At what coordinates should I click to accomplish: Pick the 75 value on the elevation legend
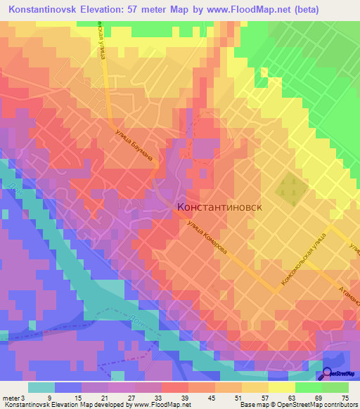344,398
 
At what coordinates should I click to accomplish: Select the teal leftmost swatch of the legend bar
41,387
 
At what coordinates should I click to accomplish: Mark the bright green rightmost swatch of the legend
335,387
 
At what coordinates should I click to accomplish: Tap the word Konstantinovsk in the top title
42,10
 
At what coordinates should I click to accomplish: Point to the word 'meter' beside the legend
12,398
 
